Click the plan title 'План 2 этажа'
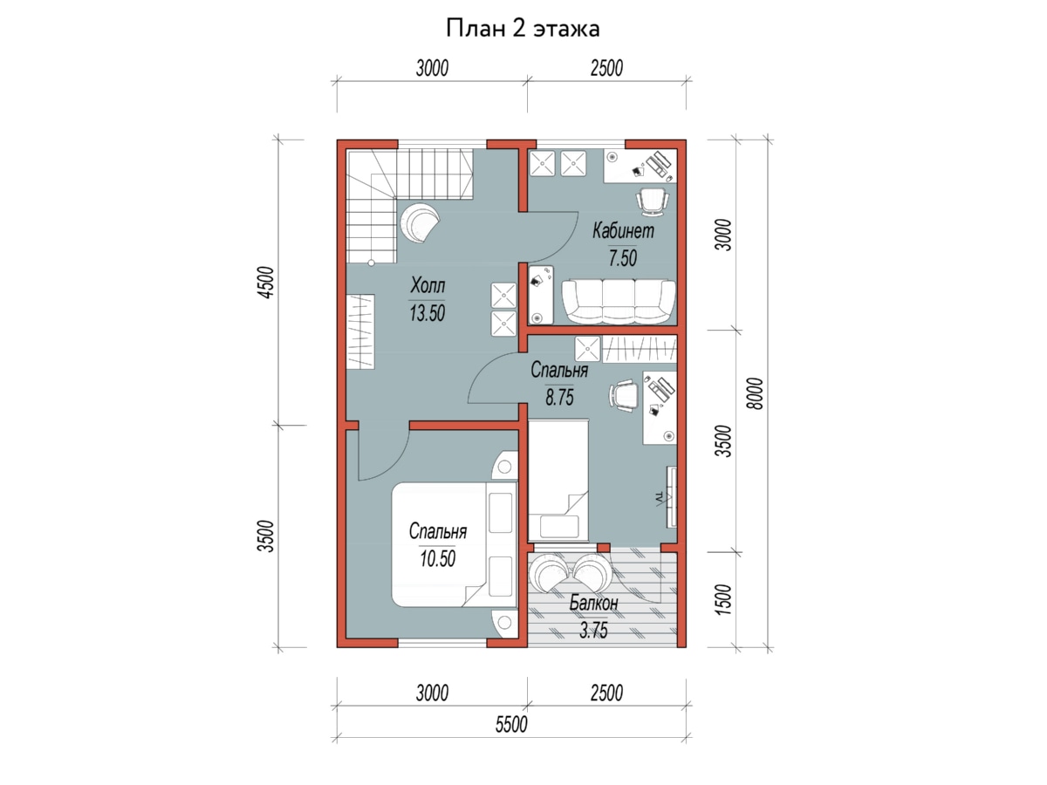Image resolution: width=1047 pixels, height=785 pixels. click(523, 29)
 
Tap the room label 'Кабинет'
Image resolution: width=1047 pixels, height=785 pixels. click(623, 230)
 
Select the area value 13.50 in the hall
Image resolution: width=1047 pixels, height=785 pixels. click(427, 313)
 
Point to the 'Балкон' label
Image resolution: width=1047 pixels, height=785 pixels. click(593, 603)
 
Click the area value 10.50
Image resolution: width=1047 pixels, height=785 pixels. click(437, 558)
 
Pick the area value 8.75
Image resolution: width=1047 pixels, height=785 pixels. click(559, 397)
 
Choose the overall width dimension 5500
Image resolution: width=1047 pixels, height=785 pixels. click(511, 725)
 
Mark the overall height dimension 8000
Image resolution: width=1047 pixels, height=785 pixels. click(756, 393)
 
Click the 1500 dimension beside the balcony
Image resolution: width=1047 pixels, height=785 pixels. click(723, 599)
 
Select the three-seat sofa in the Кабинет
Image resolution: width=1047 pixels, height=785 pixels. click(619, 301)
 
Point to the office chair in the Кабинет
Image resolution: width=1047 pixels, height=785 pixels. click(652, 202)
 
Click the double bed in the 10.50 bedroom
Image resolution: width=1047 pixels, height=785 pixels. click(455, 545)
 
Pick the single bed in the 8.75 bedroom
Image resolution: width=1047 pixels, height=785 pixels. click(558, 481)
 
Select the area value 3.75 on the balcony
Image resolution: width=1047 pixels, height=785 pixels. click(593, 631)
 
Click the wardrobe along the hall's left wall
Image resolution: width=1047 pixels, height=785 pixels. click(360, 331)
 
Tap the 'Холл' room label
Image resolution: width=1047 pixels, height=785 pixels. click(428, 285)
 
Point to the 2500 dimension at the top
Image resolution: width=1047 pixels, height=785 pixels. click(606, 68)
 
